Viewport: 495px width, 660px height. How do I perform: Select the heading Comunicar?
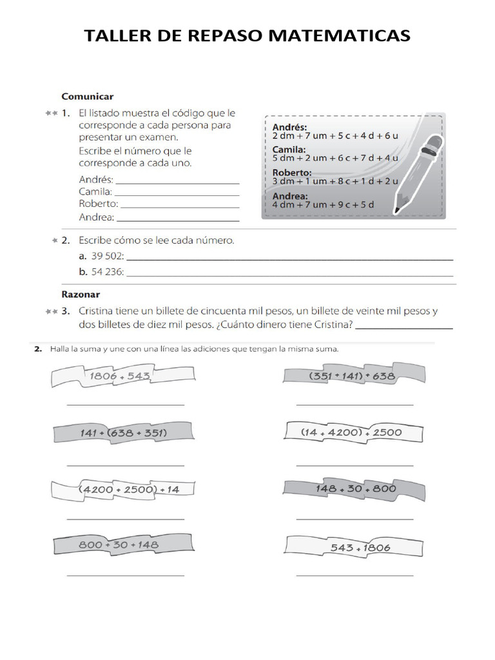[x=87, y=96]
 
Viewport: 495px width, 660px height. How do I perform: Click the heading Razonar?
[x=81, y=294]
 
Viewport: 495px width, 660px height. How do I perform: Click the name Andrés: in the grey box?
[x=290, y=127]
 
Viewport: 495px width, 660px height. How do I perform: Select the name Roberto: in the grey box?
[x=292, y=173]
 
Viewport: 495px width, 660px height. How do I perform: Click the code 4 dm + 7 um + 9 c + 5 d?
[x=324, y=205]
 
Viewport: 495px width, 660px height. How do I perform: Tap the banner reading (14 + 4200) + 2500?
[x=351, y=432]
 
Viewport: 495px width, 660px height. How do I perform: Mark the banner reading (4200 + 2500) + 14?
[x=128, y=489]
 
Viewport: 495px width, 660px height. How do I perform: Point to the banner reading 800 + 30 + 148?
[x=119, y=545]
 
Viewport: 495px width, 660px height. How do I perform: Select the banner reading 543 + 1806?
[x=360, y=548]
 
